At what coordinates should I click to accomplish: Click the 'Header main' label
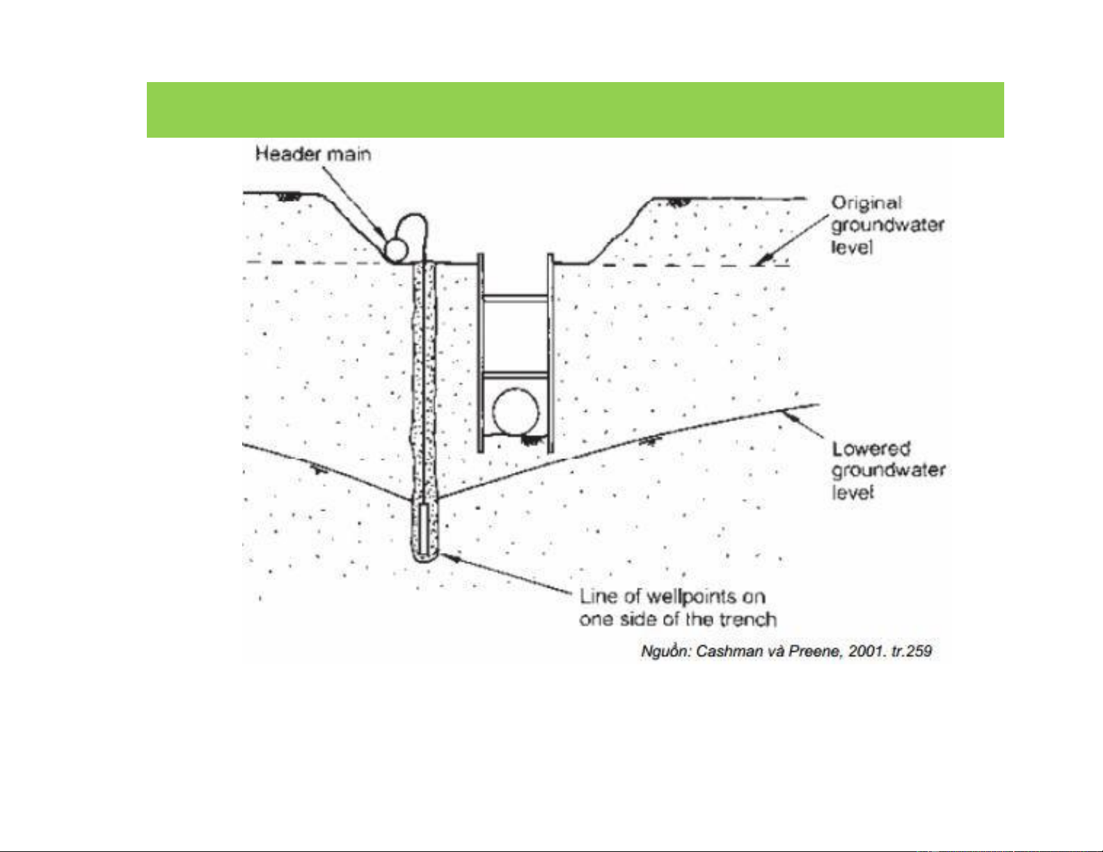(x=313, y=154)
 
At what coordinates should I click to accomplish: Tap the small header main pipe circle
(x=395, y=250)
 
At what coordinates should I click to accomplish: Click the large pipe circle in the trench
(x=516, y=412)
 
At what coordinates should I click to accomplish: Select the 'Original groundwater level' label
(x=887, y=225)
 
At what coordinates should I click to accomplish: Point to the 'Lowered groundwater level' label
(x=888, y=471)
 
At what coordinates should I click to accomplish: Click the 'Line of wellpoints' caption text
(x=678, y=608)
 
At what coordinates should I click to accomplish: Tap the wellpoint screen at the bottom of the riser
(x=425, y=529)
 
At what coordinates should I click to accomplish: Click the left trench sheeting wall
(x=481, y=353)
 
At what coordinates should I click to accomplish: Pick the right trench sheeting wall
(x=550, y=353)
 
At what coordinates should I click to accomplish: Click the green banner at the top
(x=575, y=110)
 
